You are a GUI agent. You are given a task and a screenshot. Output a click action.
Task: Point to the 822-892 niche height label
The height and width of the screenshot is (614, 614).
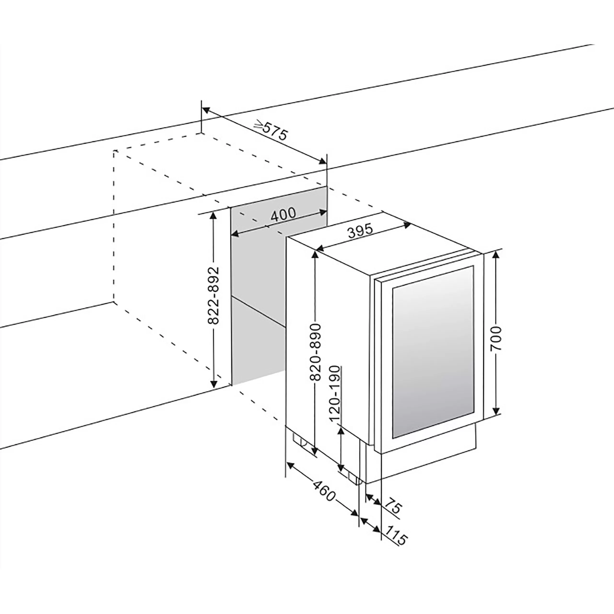point(213,295)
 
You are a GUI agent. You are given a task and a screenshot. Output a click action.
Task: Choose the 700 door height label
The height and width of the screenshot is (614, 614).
point(496,338)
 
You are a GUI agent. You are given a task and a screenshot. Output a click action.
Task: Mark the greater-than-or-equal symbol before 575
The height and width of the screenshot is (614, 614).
point(259,125)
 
